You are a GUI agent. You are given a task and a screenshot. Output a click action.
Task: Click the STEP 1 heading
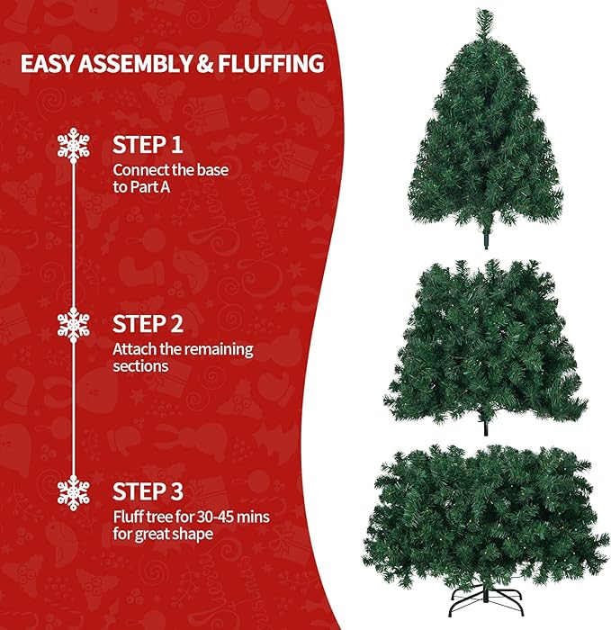[152, 144]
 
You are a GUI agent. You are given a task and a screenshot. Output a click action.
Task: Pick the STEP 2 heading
[153, 323]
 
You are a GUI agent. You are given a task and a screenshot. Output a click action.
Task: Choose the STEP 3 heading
[153, 491]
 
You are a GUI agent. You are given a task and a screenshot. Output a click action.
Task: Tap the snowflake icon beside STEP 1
[72, 145]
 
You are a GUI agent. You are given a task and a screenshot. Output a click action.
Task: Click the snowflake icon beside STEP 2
[72, 323]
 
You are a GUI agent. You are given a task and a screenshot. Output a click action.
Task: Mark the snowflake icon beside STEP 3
[72, 491]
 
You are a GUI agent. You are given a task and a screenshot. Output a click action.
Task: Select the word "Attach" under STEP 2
[132, 348]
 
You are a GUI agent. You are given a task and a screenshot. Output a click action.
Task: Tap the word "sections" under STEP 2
[140, 366]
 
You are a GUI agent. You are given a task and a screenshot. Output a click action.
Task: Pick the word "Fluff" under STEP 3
[128, 517]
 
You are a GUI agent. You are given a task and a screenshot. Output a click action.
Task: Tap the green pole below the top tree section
[487, 238]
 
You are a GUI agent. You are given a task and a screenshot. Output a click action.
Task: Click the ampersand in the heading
[202, 65]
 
